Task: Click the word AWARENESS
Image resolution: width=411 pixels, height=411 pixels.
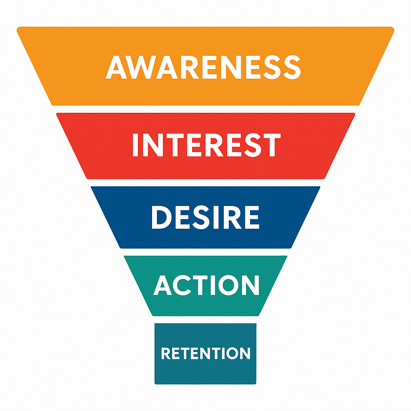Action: point(203,67)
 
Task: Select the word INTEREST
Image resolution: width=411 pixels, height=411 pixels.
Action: point(206,145)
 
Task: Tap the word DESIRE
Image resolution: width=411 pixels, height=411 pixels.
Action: point(205,217)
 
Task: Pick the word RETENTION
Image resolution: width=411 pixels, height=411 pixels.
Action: point(205,353)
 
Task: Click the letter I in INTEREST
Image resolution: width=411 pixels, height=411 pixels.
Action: point(135,145)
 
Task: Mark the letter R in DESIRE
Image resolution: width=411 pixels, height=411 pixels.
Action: point(227,217)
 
